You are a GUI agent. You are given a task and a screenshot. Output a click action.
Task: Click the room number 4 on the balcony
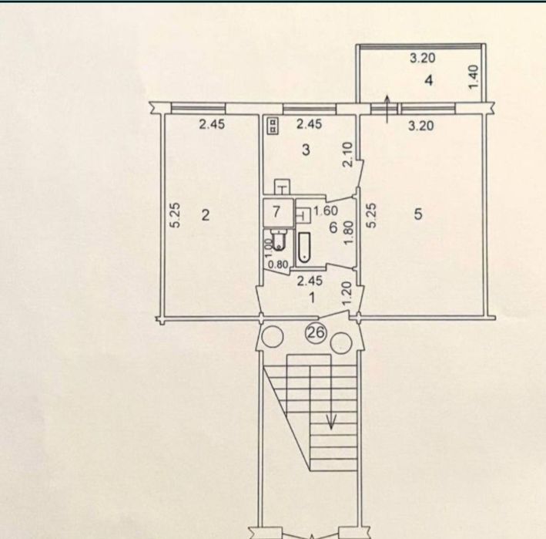coord(429,80)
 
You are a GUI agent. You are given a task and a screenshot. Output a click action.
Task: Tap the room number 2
coord(206,215)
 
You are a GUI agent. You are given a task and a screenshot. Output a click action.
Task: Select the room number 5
coord(418,214)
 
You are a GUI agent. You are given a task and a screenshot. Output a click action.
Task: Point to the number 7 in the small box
coord(276,211)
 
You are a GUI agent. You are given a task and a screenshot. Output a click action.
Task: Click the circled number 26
coord(317,332)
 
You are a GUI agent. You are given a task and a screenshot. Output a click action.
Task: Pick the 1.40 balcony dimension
coord(474,77)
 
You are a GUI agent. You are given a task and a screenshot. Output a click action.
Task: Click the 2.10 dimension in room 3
coord(348,154)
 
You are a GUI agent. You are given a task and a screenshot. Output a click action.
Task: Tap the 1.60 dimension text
coord(326,211)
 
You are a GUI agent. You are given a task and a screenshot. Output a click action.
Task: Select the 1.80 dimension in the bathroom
coord(348,233)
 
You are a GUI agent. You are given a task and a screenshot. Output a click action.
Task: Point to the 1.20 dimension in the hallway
coord(348,295)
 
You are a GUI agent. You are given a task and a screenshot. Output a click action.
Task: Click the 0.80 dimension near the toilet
coord(278,264)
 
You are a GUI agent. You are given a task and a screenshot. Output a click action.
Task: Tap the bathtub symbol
coord(304,247)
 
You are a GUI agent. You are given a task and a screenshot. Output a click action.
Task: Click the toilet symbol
coord(277,241)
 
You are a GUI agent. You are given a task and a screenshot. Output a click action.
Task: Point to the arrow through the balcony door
coord(387,109)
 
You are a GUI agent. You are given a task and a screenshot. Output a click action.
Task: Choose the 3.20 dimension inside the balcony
coord(422,58)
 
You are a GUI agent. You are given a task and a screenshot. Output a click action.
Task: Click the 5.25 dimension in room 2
coord(176,215)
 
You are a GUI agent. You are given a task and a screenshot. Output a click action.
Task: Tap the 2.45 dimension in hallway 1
coord(310,281)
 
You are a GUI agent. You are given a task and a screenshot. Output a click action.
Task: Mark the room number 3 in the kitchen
coord(306,150)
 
